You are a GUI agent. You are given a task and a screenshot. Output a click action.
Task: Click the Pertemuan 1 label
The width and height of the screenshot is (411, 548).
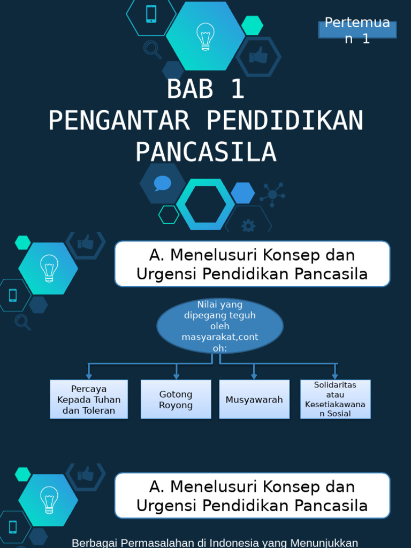(x=357, y=31)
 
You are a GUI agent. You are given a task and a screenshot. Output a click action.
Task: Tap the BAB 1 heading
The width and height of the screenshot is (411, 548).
(x=205, y=89)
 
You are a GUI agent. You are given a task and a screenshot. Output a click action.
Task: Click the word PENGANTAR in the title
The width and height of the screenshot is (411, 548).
(x=119, y=121)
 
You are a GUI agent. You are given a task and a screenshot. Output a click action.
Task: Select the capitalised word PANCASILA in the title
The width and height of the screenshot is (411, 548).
(x=205, y=152)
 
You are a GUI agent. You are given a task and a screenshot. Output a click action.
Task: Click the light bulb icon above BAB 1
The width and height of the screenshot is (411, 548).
(x=205, y=36)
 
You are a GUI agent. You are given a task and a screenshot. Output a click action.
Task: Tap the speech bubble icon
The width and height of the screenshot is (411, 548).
(x=162, y=184)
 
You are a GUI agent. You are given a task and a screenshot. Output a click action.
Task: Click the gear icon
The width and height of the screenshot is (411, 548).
(x=248, y=225)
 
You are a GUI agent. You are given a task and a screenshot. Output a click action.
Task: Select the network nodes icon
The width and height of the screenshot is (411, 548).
(x=272, y=194)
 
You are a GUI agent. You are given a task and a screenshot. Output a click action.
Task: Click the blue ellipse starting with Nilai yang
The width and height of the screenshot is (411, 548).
(x=219, y=326)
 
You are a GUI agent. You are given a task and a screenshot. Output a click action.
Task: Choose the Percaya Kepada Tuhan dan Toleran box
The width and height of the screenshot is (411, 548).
(x=89, y=399)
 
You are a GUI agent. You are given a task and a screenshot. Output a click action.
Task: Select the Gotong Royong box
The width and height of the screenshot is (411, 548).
(x=176, y=399)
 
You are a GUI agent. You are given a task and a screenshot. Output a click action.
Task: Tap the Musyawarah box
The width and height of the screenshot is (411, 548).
(x=254, y=399)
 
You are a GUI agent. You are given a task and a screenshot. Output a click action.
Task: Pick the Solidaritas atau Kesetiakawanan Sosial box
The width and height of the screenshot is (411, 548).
(x=335, y=399)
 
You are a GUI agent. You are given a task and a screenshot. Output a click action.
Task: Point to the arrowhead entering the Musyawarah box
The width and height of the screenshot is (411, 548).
(x=254, y=377)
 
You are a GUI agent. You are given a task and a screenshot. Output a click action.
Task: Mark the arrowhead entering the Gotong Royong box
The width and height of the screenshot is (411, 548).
(x=176, y=377)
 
